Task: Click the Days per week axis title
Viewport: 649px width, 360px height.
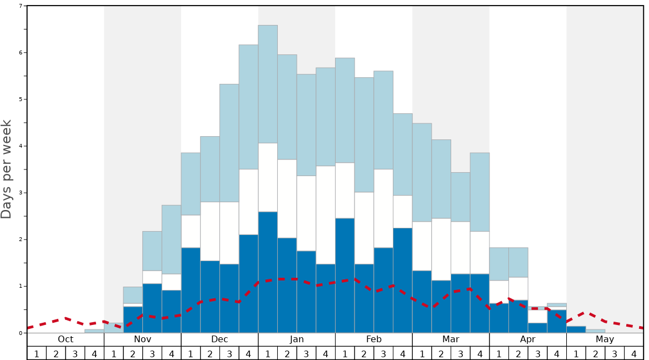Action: click(7, 169)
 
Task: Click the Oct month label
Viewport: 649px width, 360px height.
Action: click(66, 339)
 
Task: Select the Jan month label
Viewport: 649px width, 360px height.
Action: click(297, 339)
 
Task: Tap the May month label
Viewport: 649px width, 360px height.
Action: click(605, 339)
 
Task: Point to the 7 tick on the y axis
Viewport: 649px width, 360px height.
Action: click(21, 6)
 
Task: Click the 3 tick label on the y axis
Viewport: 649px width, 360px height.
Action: click(21, 193)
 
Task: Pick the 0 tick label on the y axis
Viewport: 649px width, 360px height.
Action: click(21, 333)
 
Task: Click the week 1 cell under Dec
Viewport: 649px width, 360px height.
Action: click(191, 353)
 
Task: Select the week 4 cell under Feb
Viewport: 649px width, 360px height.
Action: click(403, 353)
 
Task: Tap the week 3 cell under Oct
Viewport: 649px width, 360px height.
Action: click(75, 353)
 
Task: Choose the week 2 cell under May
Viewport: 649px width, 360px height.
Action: click(596, 353)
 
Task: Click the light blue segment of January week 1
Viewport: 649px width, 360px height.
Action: click(268, 84)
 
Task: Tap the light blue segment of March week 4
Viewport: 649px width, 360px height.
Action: click(480, 192)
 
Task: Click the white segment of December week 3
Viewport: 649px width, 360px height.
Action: click(229, 233)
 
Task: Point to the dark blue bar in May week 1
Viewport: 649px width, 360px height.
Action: click(576, 329)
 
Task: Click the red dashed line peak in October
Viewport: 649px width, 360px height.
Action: click(66, 318)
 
